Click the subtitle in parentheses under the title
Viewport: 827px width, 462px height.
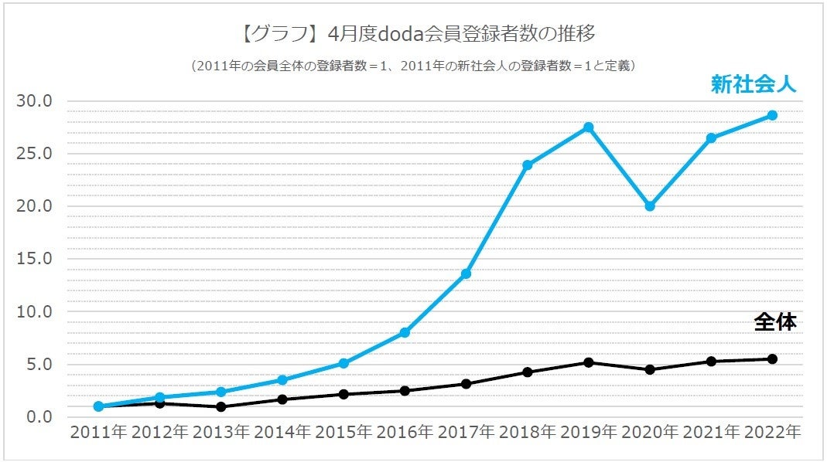click(x=413, y=66)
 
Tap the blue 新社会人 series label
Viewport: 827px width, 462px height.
click(x=753, y=85)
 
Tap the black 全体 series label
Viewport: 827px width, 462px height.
click(x=775, y=322)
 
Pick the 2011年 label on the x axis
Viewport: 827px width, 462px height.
click(x=98, y=433)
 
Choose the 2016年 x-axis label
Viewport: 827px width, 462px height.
click(x=405, y=433)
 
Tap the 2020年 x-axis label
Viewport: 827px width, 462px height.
click(x=649, y=433)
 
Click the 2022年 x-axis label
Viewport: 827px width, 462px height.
click(x=771, y=433)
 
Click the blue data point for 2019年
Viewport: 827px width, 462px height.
click(x=588, y=127)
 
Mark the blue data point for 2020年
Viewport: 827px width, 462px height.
click(x=650, y=206)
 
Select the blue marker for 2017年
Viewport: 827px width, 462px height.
click(x=466, y=274)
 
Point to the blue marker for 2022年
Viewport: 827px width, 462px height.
click(x=772, y=115)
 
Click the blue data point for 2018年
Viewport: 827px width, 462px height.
click(x=527, y=165)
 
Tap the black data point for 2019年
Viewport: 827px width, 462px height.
click(x=588, y=362)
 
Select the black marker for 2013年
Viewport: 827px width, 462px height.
click(x=220, y=407)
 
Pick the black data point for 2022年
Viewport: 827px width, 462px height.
click(x=772, y=358)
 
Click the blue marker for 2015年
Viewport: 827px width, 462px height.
click(x=343, y=363)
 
